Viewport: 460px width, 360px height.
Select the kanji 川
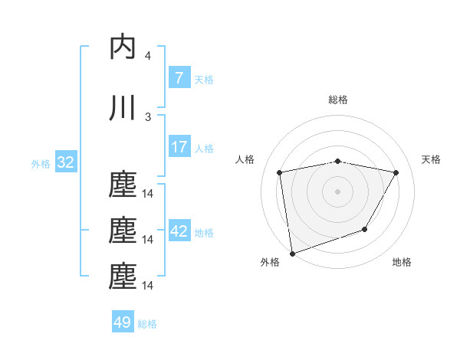coord(123,108)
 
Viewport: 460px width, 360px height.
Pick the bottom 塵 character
coord(123,277)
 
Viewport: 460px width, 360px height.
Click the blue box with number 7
coord(179,77)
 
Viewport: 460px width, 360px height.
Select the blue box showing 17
coord(179,147)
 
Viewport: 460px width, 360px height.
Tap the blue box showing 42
coord(179,231)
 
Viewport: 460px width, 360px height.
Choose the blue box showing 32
coord(65,162)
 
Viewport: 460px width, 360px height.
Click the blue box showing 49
coord(122,322)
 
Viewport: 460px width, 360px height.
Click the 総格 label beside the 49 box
coord(147,324)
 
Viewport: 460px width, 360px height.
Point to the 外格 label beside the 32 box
coord(41,163)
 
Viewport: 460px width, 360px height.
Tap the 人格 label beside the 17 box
coord(204,148)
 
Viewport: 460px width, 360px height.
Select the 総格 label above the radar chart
coord(337,100)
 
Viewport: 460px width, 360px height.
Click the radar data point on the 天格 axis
coord(396,172)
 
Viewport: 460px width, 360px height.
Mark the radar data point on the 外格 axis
coord(292,253)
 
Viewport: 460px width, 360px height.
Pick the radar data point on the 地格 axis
coord(365,229)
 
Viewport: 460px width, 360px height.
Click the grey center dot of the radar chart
coord(337,191)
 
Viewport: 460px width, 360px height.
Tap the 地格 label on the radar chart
coord(402,262)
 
